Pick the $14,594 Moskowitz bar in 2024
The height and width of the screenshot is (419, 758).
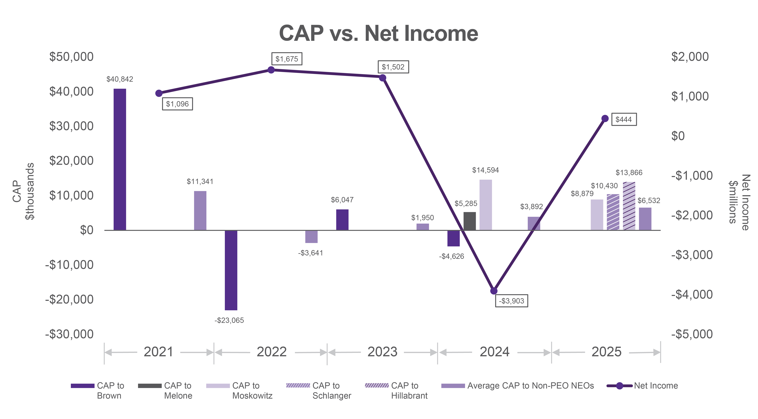coord(486,205)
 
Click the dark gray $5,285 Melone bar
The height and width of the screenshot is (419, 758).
coord(470,221)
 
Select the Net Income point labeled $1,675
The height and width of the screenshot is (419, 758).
coord(271,70)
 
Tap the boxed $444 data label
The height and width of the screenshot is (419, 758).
coord(624,120)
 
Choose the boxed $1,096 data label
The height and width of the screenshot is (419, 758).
coord(177,104)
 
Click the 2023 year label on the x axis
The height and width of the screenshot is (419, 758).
coord(382,352)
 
